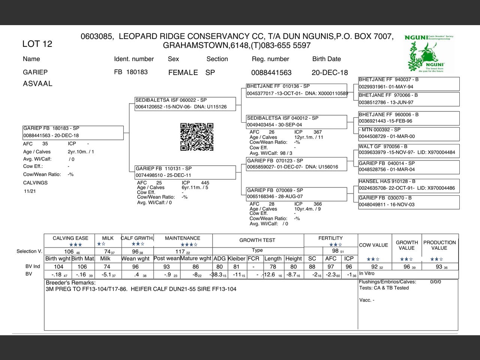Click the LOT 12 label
(37, 44)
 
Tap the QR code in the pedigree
(197, 137)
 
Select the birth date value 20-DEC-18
(330, 72)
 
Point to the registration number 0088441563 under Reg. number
(271, 72)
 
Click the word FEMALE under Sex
(183, 72)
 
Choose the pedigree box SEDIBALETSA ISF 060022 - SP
(185, 104)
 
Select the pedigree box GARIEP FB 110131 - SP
(185, 172)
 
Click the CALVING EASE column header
(70, 238)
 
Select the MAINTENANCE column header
(183, 238)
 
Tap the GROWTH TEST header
(257, 240)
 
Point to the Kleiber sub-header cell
(237, 258)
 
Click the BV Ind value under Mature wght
(196, 267)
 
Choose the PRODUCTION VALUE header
(439, 245)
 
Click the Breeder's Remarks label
(70, 283)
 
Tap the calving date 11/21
(30, 191)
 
